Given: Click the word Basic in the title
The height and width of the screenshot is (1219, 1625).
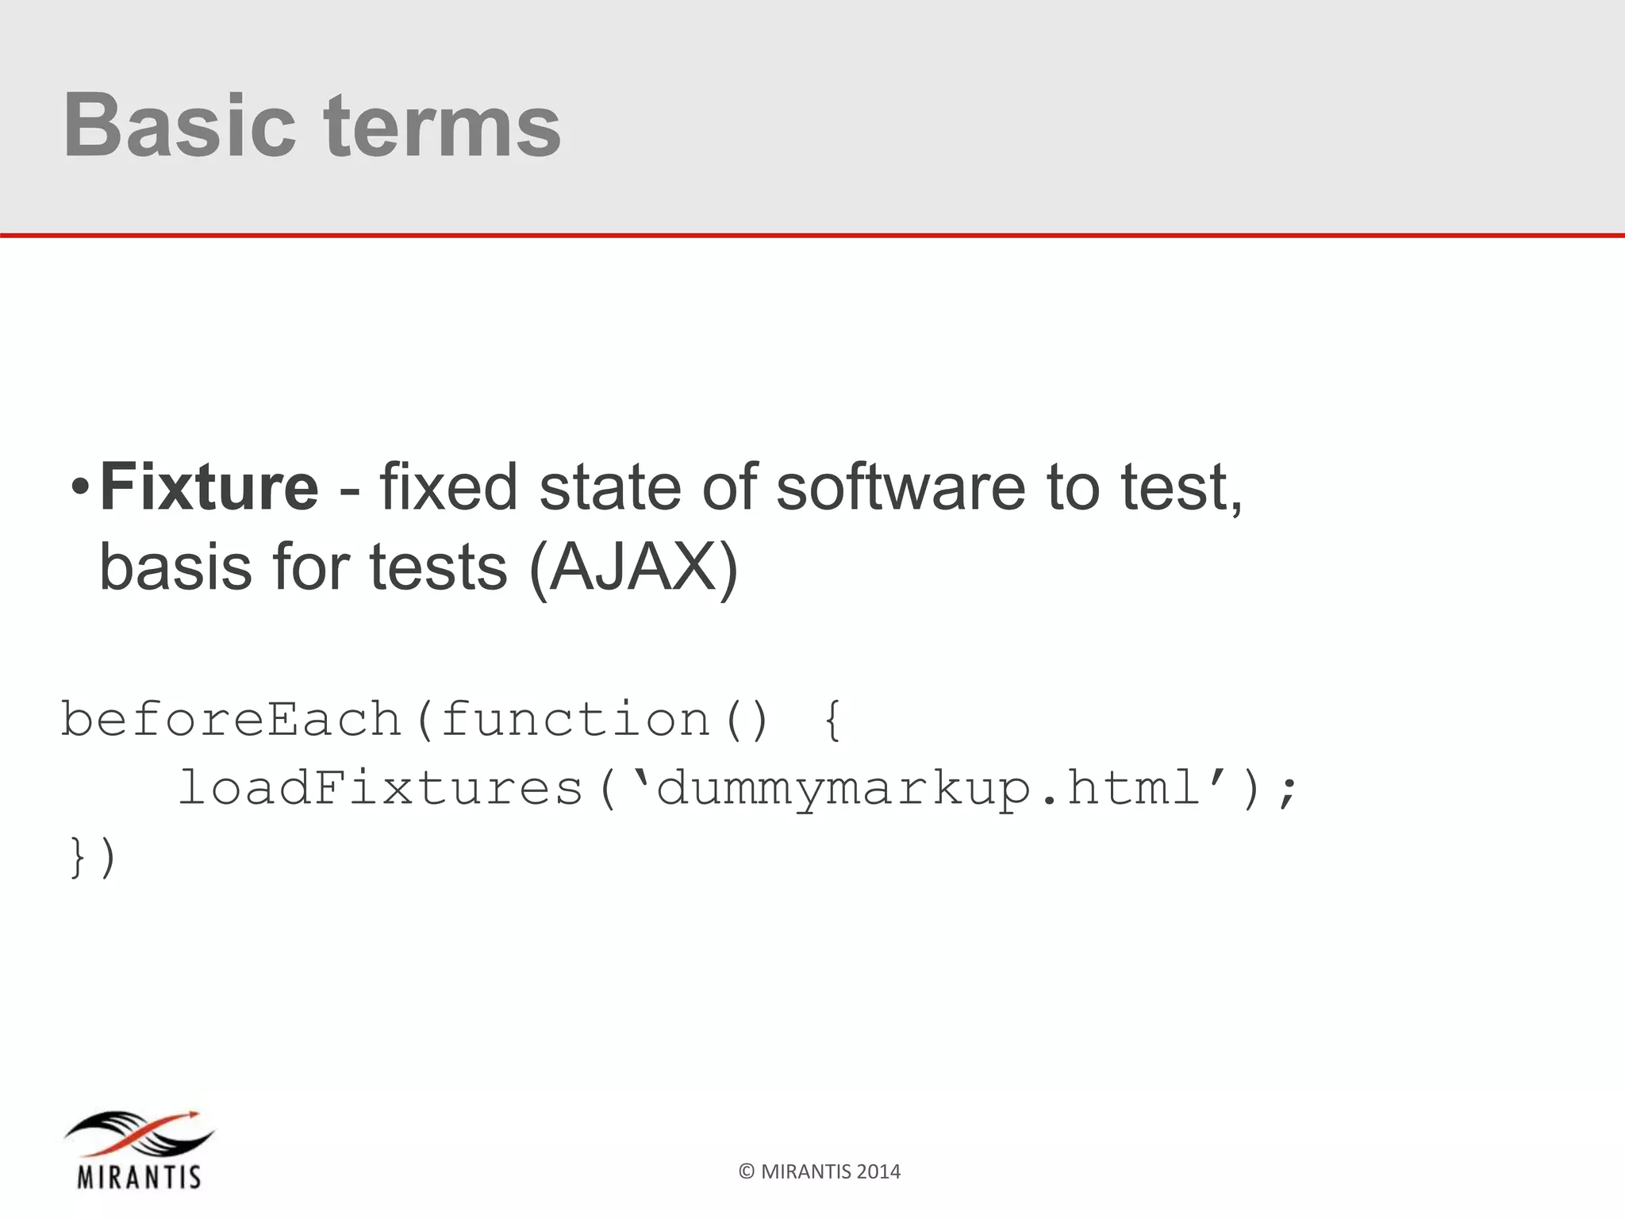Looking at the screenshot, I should click(179, 125).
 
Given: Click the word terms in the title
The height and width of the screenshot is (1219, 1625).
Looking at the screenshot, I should click(442, 125).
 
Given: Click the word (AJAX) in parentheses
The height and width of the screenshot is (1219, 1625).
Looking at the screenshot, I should click(633, 568).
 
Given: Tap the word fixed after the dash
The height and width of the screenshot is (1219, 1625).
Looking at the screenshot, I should click(448, 486).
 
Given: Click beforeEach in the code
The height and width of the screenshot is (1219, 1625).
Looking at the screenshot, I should click(232, 720).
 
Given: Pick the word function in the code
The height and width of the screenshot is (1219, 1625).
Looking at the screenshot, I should click(575, 720).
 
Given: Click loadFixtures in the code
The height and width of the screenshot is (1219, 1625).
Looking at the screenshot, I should click(381, 789).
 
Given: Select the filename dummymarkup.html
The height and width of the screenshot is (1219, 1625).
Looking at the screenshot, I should click(928, 789).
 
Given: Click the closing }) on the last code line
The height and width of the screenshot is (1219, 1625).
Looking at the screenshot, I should click(94, 857).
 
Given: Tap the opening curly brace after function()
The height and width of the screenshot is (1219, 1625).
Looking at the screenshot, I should click(832, 720).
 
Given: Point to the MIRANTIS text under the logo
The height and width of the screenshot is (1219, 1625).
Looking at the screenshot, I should click(140, 1176).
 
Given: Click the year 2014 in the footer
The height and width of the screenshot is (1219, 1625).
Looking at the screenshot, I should click(878, 1172).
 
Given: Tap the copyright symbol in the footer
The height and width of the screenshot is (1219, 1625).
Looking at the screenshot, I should click(746, 1172).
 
